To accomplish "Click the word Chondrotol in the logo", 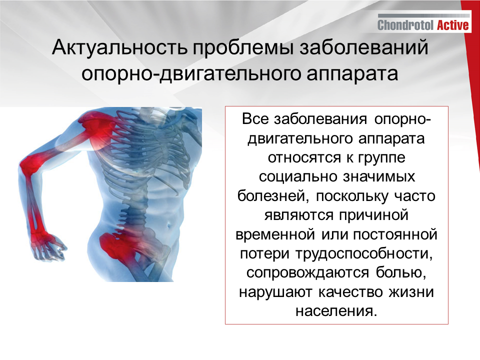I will coord(405,25).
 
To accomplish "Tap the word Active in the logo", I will coord(452,25).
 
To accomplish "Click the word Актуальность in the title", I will coord(118,49).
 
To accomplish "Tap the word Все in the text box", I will coord(255,120).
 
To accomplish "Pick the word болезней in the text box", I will coord(270,196).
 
